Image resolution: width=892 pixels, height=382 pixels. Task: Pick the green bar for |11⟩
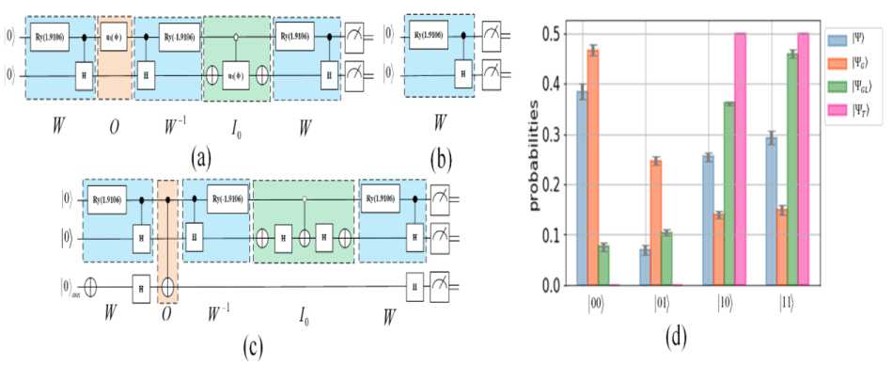[x=792, y=168]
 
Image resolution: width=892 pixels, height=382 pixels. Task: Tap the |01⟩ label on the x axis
[x=665, y=303]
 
